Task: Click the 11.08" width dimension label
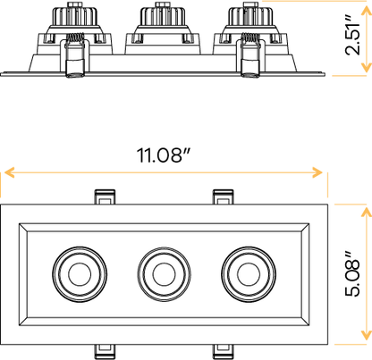tap(165, 155)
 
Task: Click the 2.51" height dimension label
tap(354, 38)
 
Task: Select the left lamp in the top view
tap(77, 269)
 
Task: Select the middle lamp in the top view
tap(161, 269)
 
